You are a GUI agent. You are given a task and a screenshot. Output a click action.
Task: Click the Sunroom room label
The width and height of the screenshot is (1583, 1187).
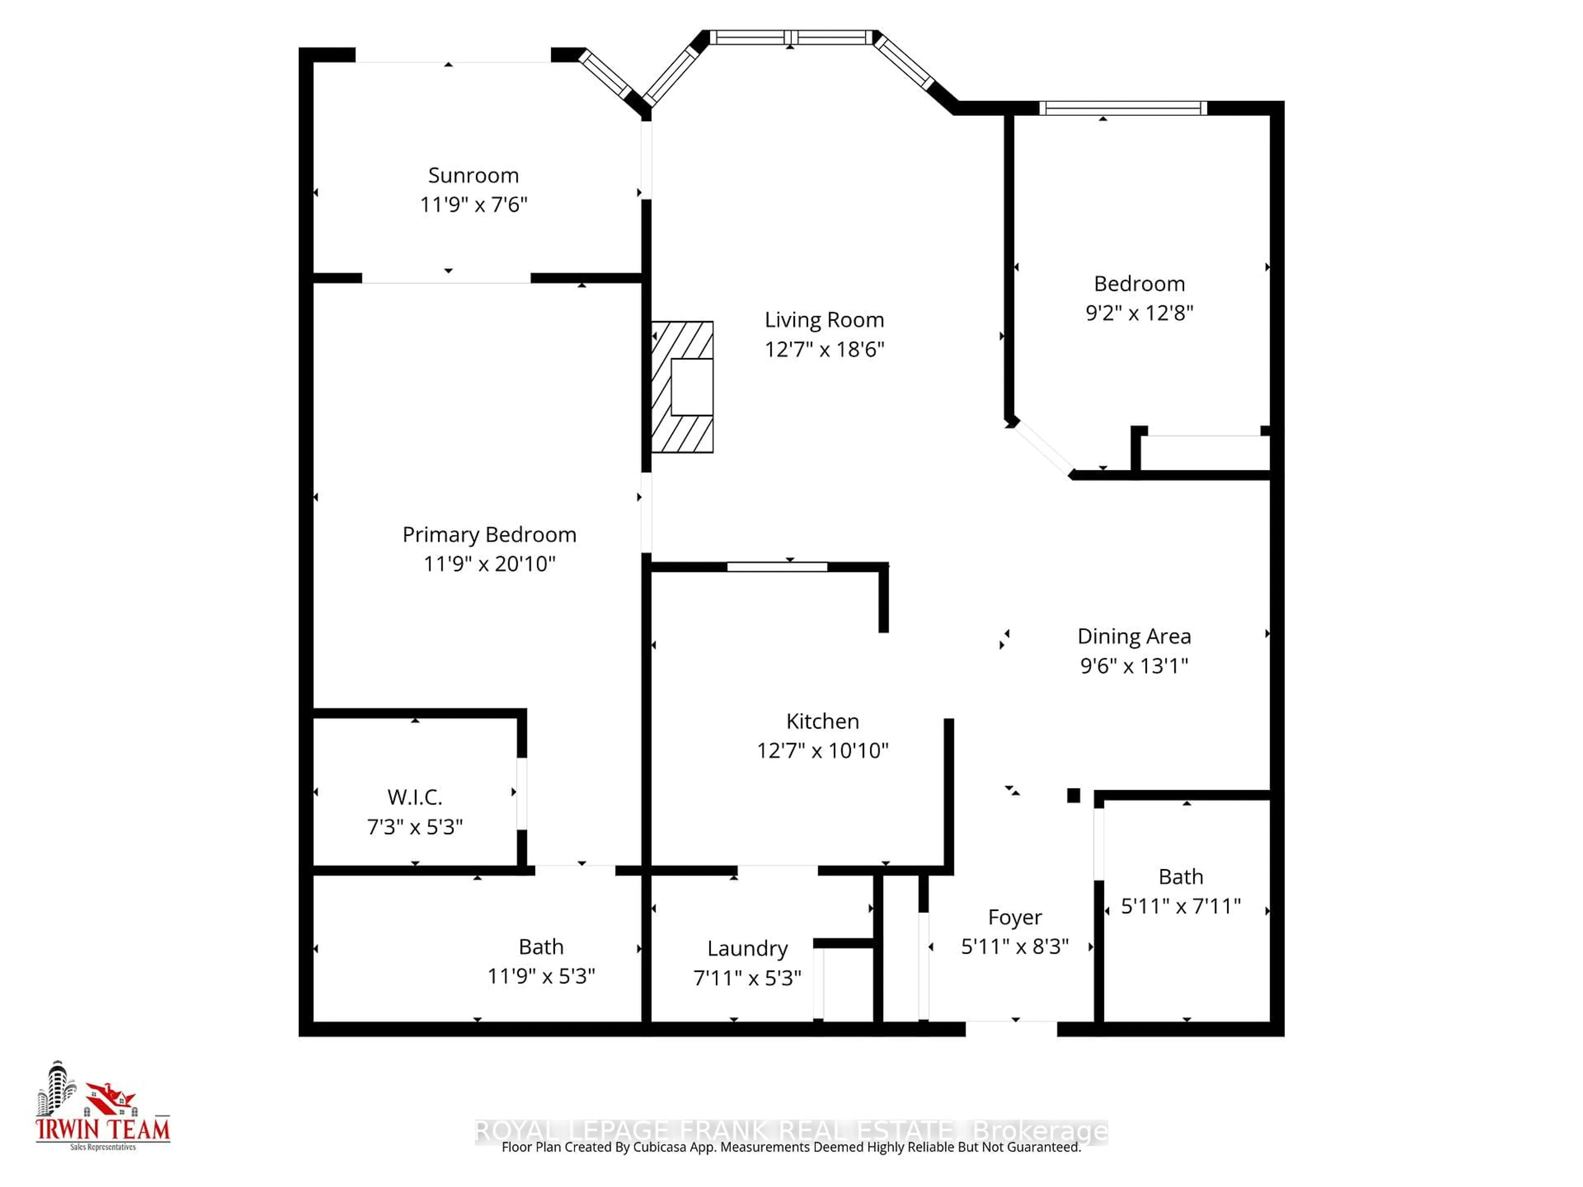pyautogui.click(x=473, y=175)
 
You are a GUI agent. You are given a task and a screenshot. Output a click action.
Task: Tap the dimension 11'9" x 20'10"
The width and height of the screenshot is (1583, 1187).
pyautogui.click(x=489, y=564)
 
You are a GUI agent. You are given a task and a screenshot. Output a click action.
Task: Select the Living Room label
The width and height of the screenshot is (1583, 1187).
pyautogui.click(x=824, y=320)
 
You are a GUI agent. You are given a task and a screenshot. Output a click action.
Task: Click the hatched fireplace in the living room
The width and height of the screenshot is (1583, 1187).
pyautogui.click(x=681, y=387)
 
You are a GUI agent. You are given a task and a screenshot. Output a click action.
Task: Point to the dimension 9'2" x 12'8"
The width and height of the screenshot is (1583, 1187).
pyautogui.click(x=1139, y=313)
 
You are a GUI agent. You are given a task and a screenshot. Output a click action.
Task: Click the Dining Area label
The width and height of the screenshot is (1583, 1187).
pyautogui.click(x=1134, y=636)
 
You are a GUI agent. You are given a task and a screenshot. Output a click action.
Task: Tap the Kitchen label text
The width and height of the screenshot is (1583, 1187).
pyautogui.click(x=822, y=721)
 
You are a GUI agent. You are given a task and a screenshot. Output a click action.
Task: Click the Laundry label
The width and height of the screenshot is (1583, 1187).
pyautogui.click(x=747, y=949)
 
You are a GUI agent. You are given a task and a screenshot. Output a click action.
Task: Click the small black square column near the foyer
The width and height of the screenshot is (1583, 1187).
pyautogui.click(x=1073, y=795)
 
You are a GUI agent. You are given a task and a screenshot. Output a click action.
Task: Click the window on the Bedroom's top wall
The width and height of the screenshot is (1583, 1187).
pyautogui.click(x=1122, y=108)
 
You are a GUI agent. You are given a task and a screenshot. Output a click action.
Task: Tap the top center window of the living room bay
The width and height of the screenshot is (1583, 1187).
pyautogui.click(x=790, y=37)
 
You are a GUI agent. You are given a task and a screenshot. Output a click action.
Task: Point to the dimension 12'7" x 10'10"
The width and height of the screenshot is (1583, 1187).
pyautogui.click(x=822, y=751)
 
